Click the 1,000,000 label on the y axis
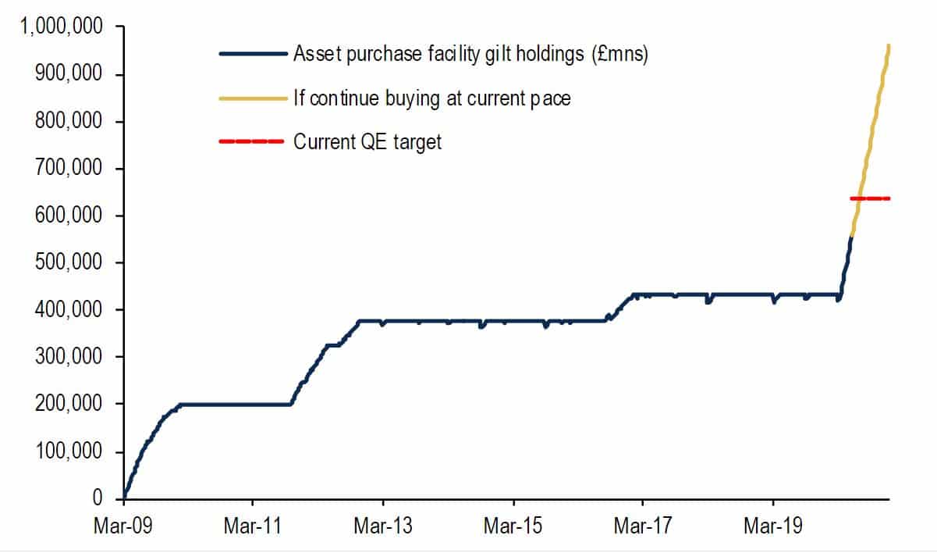pos(61,26)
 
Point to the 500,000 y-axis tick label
pos(69,262)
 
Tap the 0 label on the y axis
pos(97,498)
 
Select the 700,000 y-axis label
pos(69,168)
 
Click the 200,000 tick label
pos(69,404)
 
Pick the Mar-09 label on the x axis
pos(123,526)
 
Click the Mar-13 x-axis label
pos(383,526)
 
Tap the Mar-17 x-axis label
pos(643,526)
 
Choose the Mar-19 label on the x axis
pos(773,526)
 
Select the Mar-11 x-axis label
pos(253,526)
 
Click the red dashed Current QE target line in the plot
pos(870,198)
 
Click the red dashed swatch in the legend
pos(252,141)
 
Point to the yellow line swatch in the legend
pos(253,99)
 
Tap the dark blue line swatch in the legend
pos(253,54)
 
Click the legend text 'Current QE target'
pos(367,142)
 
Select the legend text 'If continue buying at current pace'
pos(432,99)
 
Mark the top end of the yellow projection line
pos(889,45)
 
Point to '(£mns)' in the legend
pos(620,55)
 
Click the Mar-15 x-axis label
pos(513,526)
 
